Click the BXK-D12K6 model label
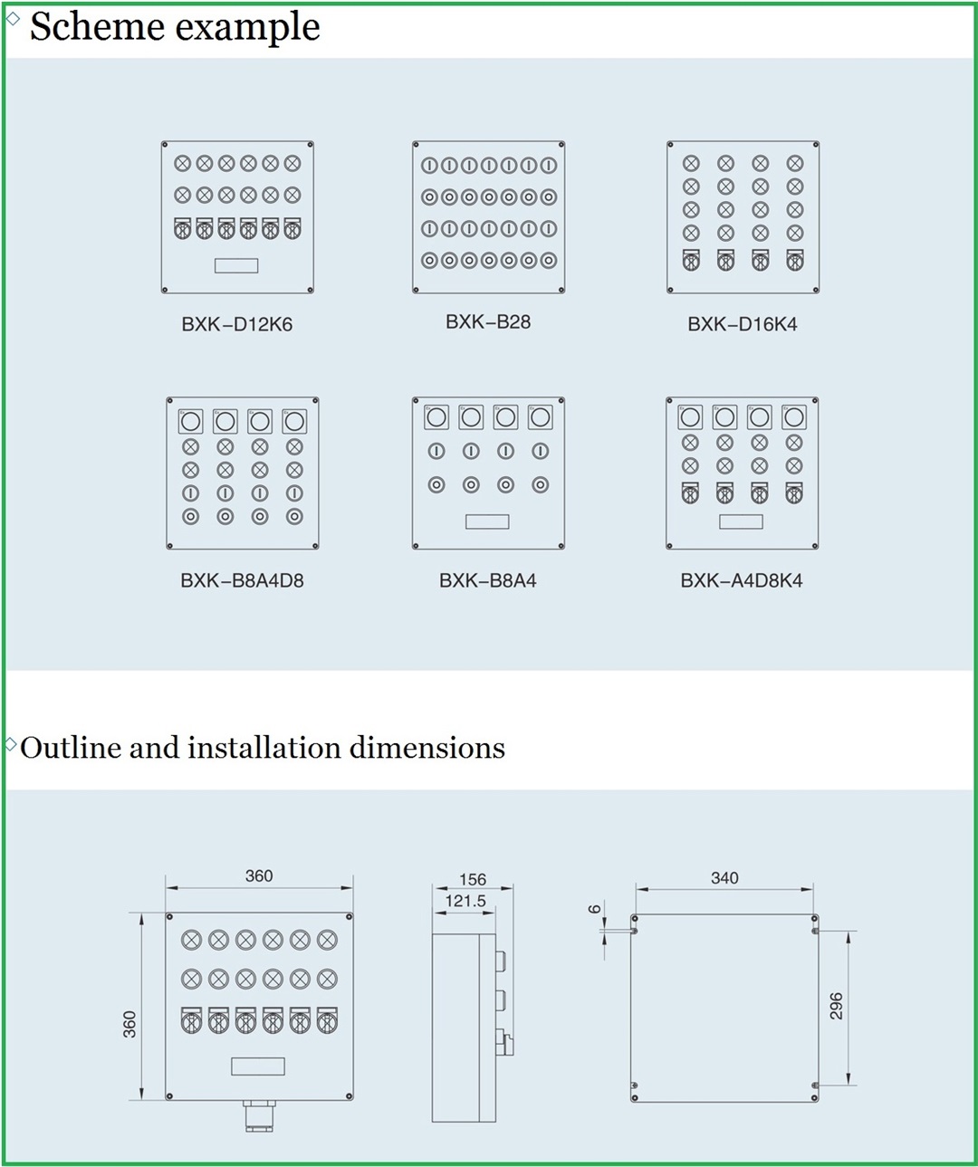pyautogui.click(x=236, y=324)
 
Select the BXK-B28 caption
pyautogui.click(x=488, y=322)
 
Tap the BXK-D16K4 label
pyautogui.click(x=742, y=324)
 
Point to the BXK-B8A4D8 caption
pyautogui.click(x=242, y=580)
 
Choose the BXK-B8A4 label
pyautogui.click(x=487, y=580)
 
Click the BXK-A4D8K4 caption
pyautogui.click(x=742, y=580)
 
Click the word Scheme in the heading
pyautogui.click(x=97, y=26)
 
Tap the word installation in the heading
pyautogui.click(x=264, y=748)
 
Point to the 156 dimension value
pyautogui.click(x=473, y=879)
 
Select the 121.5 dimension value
pyautogui.click(x=465, y=901)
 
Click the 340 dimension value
pyautogui.click(x=724, y=877)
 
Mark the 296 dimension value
pyautogui.click(x=836, y=1006)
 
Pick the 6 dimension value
pyautogui.click(x=594, y=909)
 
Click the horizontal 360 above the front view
pyautogui.click(x=259, y=875)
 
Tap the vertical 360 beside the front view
pyautogui.click(x=129, y=1025)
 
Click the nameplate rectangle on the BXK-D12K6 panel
pyautogui.click(x=236, y=265)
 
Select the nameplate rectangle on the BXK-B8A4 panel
pyautogui.click(x=487, y=521)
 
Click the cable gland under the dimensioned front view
pyautogui.click(x=260, y=1117)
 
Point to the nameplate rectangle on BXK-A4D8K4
pyautogui.click(x=741, y=521)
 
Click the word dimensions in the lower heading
pyautogui.click(x=427, y=748)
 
